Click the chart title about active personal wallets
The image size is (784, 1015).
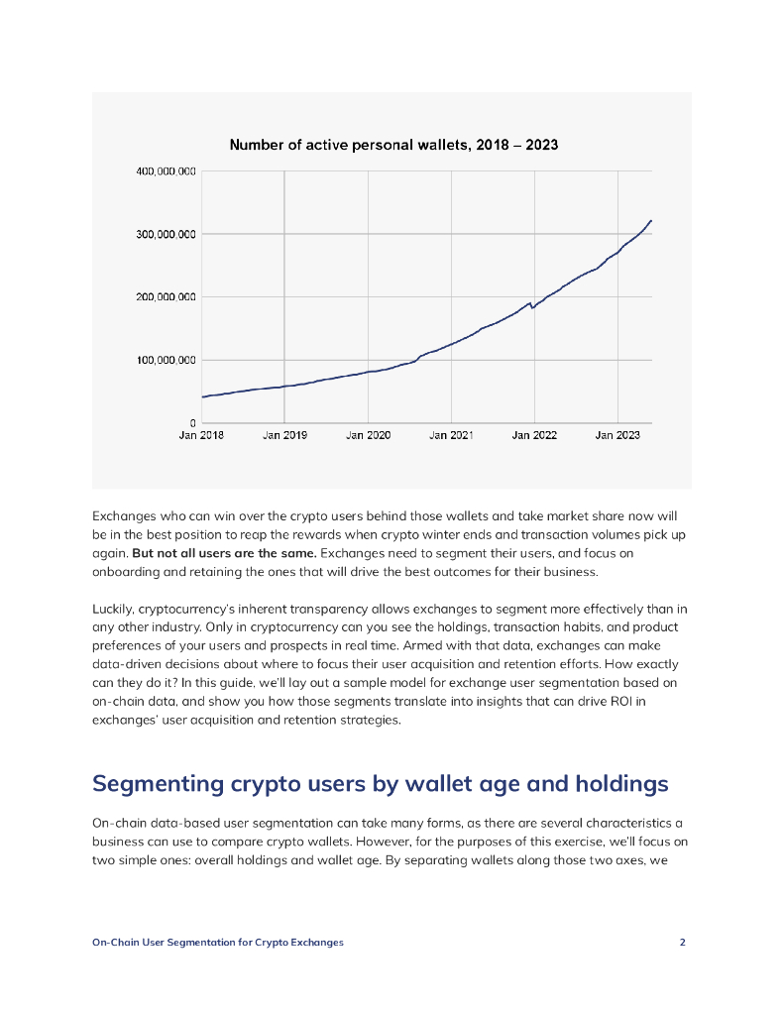click(x=393, y=145)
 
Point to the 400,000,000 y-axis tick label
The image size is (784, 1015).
click(x=166, y=171)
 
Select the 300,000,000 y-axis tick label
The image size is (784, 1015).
click(x=166, y=234)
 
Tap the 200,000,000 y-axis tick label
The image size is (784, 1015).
click(x=166, y=297)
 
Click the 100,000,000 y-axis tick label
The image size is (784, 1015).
click(x=166, y=360)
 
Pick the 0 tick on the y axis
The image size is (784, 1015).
click(x=191, y=423)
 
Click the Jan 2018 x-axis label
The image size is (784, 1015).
click(x=201, y=435)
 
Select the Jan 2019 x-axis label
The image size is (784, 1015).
click(x=284, y=435)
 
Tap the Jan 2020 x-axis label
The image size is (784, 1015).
click(x=368, y=435)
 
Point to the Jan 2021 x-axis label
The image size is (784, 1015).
click(x=451, y=435)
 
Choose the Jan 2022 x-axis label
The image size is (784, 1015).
click(x=534, y=435)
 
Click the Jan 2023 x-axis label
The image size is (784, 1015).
click(x=617, y=435)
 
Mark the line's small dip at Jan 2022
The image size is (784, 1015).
click(x=533, y=307)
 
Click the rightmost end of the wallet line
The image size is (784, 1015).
click(x=651, y=220)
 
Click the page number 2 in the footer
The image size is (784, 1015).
click(x=682, y=942)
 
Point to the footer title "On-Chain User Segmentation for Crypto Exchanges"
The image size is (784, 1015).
click(x=218, y=942)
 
